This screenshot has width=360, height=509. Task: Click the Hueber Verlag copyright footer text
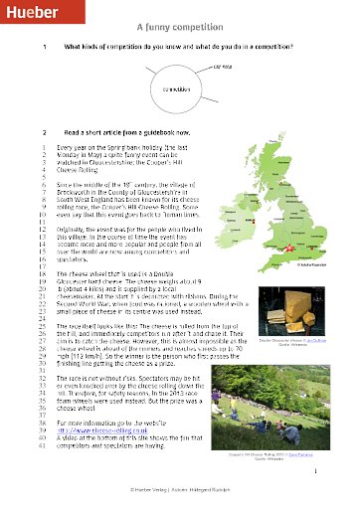179,489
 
